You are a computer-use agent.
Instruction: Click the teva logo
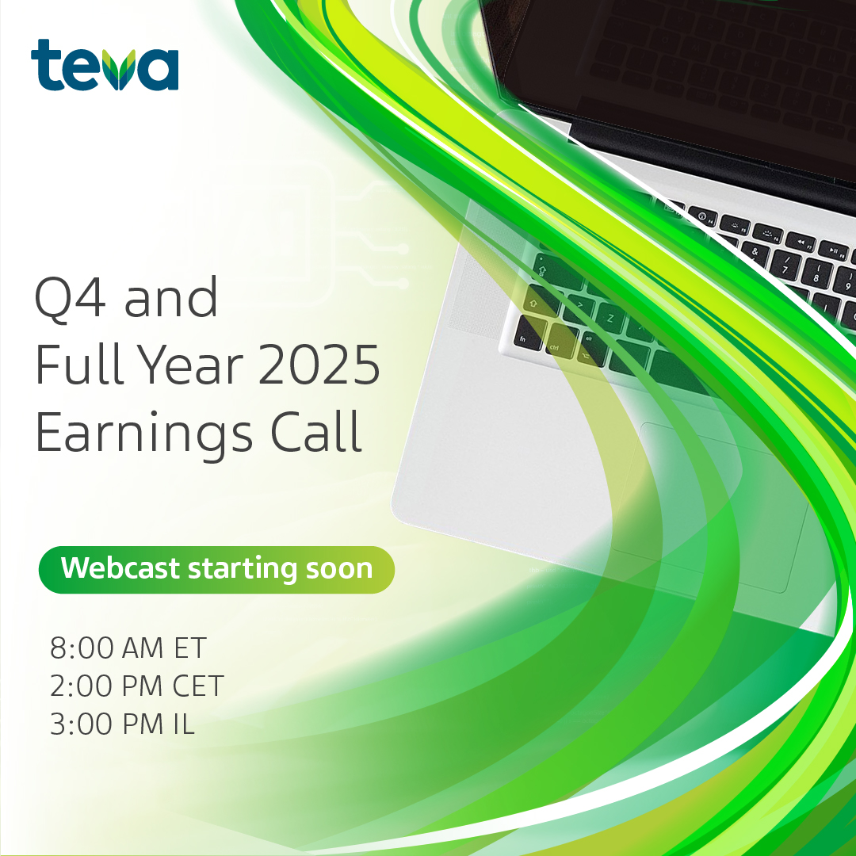(105, 66)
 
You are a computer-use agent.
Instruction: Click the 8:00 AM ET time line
(128, 648)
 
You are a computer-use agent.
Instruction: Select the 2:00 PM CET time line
(136, 686)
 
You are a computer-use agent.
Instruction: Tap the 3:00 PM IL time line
(122, 724)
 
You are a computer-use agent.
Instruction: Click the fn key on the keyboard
(524, 338)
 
